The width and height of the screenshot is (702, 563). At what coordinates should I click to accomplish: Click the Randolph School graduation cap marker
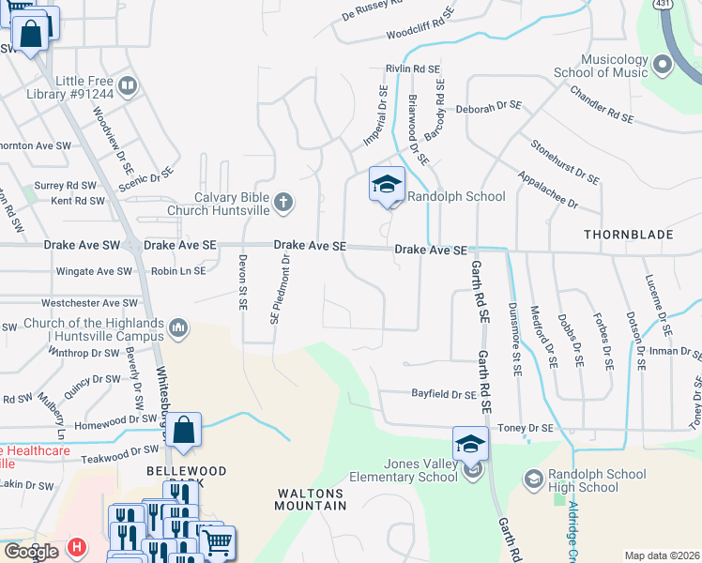(x=387, y=183)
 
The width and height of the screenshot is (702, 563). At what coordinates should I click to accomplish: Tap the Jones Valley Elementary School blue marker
(x=470, y=443)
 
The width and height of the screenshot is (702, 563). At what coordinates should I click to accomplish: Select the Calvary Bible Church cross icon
(x=283, y=202)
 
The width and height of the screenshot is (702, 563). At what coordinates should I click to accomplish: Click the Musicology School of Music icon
(x=664, y=66)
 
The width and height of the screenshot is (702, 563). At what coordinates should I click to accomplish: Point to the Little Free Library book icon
(x=128, y=86)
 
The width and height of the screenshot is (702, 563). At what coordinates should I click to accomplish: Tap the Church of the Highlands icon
(x=178, y=327)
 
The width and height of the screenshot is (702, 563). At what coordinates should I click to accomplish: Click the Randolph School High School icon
(x=533, y=480)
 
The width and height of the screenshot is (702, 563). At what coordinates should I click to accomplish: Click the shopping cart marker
(x=218, y=541)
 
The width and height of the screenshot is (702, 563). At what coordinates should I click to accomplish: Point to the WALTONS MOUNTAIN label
(x=311, y=498)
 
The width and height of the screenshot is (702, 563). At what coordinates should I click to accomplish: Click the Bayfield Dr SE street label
(x=444, y=395)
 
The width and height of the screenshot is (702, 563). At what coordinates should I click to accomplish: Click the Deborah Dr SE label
(x=488, y=109)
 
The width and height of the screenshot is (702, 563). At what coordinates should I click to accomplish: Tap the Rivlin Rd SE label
(x=413, y=69)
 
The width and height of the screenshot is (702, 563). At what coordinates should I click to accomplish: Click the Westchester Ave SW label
(x=89, y=304)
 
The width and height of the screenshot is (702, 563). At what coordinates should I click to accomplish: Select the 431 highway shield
(x=663, y=6)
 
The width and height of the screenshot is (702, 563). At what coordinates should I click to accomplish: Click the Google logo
(x=30, y=552)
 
